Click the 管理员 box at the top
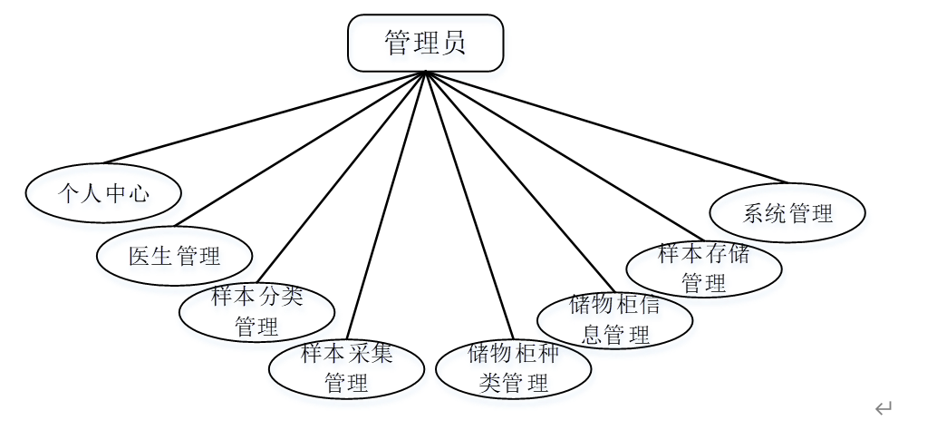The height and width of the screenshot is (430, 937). point(425,43)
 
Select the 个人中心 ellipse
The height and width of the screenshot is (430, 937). point(103,192)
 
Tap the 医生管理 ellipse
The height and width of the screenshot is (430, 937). point(175,256)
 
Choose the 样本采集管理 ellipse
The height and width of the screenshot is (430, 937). point(346,368)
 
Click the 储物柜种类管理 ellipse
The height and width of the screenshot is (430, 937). point(514,368)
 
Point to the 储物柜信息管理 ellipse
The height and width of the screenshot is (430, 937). point(615,319)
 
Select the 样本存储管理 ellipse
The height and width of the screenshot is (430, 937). point(704,268)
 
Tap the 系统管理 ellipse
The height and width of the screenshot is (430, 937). point(787,213)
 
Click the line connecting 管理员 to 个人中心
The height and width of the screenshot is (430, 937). point(263,117)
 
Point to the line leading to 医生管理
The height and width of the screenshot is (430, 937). point(299,149)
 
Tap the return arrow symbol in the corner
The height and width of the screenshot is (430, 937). point(884,408)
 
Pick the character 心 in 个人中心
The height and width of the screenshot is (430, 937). point(139,193)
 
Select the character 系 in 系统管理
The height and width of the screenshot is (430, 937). point(754,214)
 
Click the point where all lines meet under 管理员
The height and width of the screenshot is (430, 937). point(425,73)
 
